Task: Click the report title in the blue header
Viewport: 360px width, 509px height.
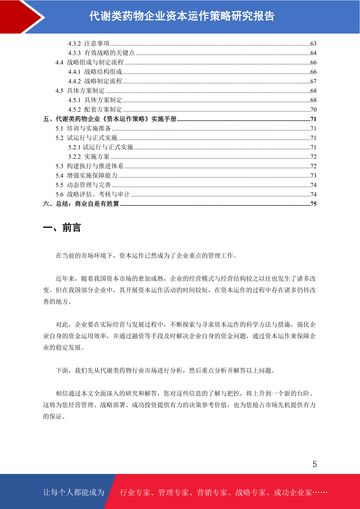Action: [x=182, y=16]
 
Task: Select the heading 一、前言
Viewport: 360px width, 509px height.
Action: [x=62, y=228]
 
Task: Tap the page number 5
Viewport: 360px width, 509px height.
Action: [x=315, y=464]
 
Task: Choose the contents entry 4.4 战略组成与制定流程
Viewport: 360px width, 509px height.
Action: [x=89, y=62]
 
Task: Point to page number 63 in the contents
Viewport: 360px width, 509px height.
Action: [x=313, y=44]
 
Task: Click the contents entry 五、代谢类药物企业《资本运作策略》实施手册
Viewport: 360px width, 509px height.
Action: [x=110, y=119]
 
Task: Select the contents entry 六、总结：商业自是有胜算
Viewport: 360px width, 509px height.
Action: [x=81, y=204]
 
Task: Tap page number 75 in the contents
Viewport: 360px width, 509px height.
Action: [x=313, y=204]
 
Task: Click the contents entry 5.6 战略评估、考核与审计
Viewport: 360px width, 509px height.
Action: [x=92, y=194]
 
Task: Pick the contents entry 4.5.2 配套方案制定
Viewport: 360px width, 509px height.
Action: [x=95, y=109]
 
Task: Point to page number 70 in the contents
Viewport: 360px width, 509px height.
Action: [x=313, y=110]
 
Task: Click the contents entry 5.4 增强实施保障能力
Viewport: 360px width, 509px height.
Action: [x=86, y=176]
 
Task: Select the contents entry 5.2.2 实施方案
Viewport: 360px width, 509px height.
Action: [x=89, y=157]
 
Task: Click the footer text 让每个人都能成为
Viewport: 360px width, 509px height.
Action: [x=74, y=492]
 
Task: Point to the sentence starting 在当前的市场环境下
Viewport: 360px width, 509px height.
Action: [x=147, y=256]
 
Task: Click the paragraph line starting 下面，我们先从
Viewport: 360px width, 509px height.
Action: [x=166, y=371]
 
